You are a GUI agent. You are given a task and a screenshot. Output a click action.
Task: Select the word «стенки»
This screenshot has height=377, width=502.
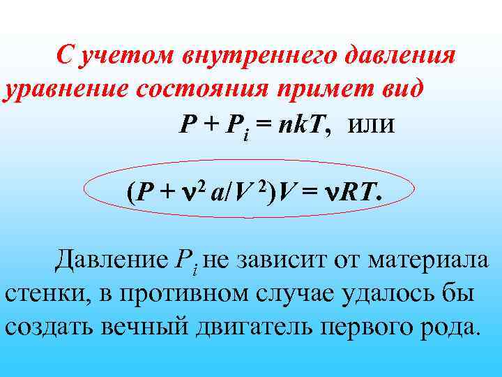pos(43,293)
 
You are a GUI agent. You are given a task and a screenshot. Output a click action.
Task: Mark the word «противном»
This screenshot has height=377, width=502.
pos(174,293)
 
